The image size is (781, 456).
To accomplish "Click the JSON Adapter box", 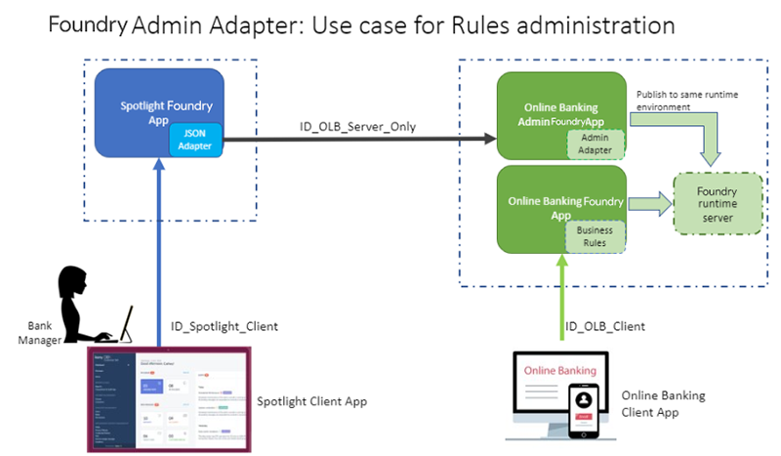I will pos(196,140).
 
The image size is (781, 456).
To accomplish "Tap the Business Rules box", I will pos(595,235).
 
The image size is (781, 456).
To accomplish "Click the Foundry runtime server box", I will pos(718,202).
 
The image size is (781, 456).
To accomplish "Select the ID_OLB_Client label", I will pos(605,325).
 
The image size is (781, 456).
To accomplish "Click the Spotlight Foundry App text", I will pos(166,112).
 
